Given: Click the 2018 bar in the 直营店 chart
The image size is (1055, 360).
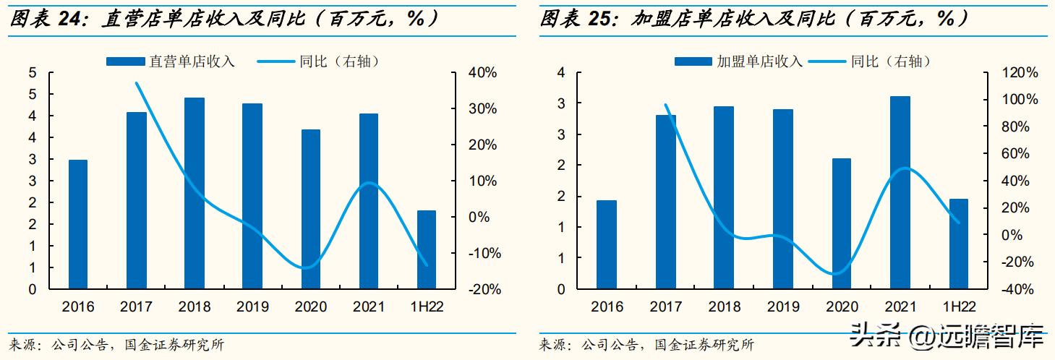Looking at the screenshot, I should click(195, 194).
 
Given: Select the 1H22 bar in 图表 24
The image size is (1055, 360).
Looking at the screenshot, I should click(427, 249).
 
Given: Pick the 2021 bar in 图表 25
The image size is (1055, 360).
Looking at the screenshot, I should click(900, 192).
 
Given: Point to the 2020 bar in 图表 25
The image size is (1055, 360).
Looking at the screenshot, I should click(842, 223).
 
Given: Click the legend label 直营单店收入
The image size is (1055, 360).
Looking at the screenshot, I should click(192, 61).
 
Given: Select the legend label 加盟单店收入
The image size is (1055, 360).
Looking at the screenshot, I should click(760, 61).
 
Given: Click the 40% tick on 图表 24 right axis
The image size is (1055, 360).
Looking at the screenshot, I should click(481, 73).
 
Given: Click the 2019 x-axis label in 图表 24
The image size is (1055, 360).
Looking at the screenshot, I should click(252, 307).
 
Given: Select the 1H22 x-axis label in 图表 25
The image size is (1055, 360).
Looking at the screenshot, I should click(958, 307).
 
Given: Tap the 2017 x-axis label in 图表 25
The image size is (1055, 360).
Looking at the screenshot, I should click(665, 307).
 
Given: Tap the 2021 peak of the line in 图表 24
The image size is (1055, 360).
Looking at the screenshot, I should click(369, 183).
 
